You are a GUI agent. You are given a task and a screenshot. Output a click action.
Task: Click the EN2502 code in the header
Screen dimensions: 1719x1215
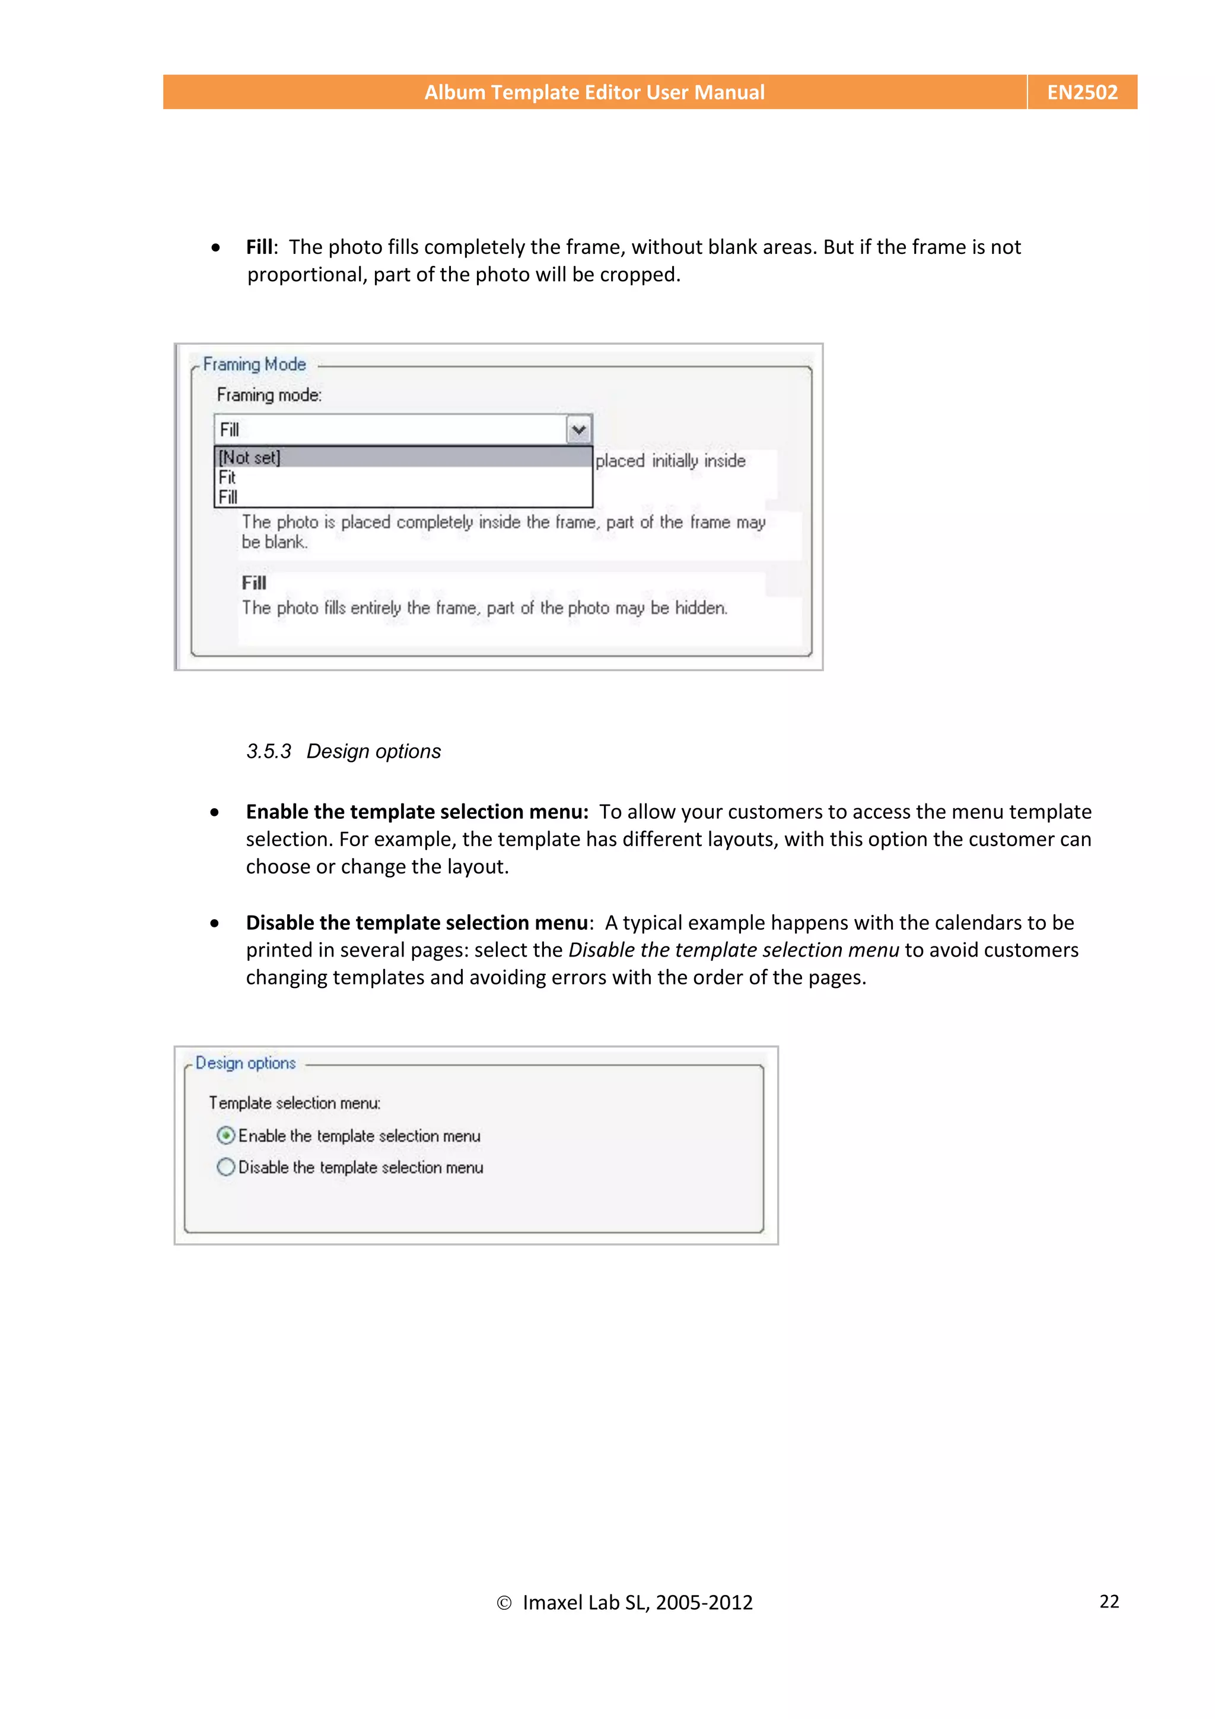tap(1082, 92)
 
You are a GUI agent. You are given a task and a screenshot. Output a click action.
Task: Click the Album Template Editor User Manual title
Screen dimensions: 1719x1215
tap(594, 92)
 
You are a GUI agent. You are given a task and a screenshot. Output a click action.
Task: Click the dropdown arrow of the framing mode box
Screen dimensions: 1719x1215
tap(578, 430)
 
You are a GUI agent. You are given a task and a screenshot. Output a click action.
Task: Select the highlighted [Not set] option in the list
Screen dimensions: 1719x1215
tap(250, 457)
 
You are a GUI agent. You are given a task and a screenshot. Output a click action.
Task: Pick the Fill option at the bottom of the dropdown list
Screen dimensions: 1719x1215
tap(228, 497)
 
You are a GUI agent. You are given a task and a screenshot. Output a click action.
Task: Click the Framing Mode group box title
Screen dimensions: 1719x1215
tap(255, 364)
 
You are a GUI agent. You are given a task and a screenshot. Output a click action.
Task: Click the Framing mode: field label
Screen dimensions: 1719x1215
tap(269, 395)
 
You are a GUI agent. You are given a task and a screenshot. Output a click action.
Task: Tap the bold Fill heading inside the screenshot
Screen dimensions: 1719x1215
tap(254, 583)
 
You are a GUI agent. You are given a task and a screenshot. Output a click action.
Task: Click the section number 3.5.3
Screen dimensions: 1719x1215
tap(269, 751)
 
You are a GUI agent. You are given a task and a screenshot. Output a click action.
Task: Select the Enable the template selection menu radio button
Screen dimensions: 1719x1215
tap(225, 1136)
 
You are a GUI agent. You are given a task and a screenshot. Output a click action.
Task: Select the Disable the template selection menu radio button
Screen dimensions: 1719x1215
tap(225, 1167)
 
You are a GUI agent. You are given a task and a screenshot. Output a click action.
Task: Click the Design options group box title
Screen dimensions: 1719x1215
tap(246, 1063)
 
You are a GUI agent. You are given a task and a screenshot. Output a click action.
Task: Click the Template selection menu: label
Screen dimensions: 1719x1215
tap(294, 1103)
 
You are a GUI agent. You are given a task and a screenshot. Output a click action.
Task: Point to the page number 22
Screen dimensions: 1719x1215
tap(1109, 1602)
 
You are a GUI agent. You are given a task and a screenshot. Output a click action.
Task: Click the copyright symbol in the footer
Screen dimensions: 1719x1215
tap(504, 1603)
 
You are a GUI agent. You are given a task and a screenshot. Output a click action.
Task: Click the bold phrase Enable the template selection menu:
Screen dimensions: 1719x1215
tap(417, 812)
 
